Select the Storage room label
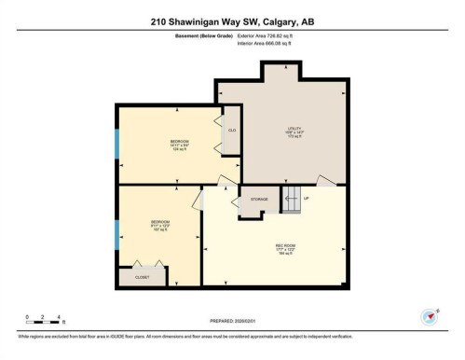258,199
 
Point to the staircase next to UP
292,197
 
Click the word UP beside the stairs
307,199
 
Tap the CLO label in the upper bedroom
231,131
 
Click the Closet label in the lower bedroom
142,277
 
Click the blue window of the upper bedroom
116,144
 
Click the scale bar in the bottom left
43,322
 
